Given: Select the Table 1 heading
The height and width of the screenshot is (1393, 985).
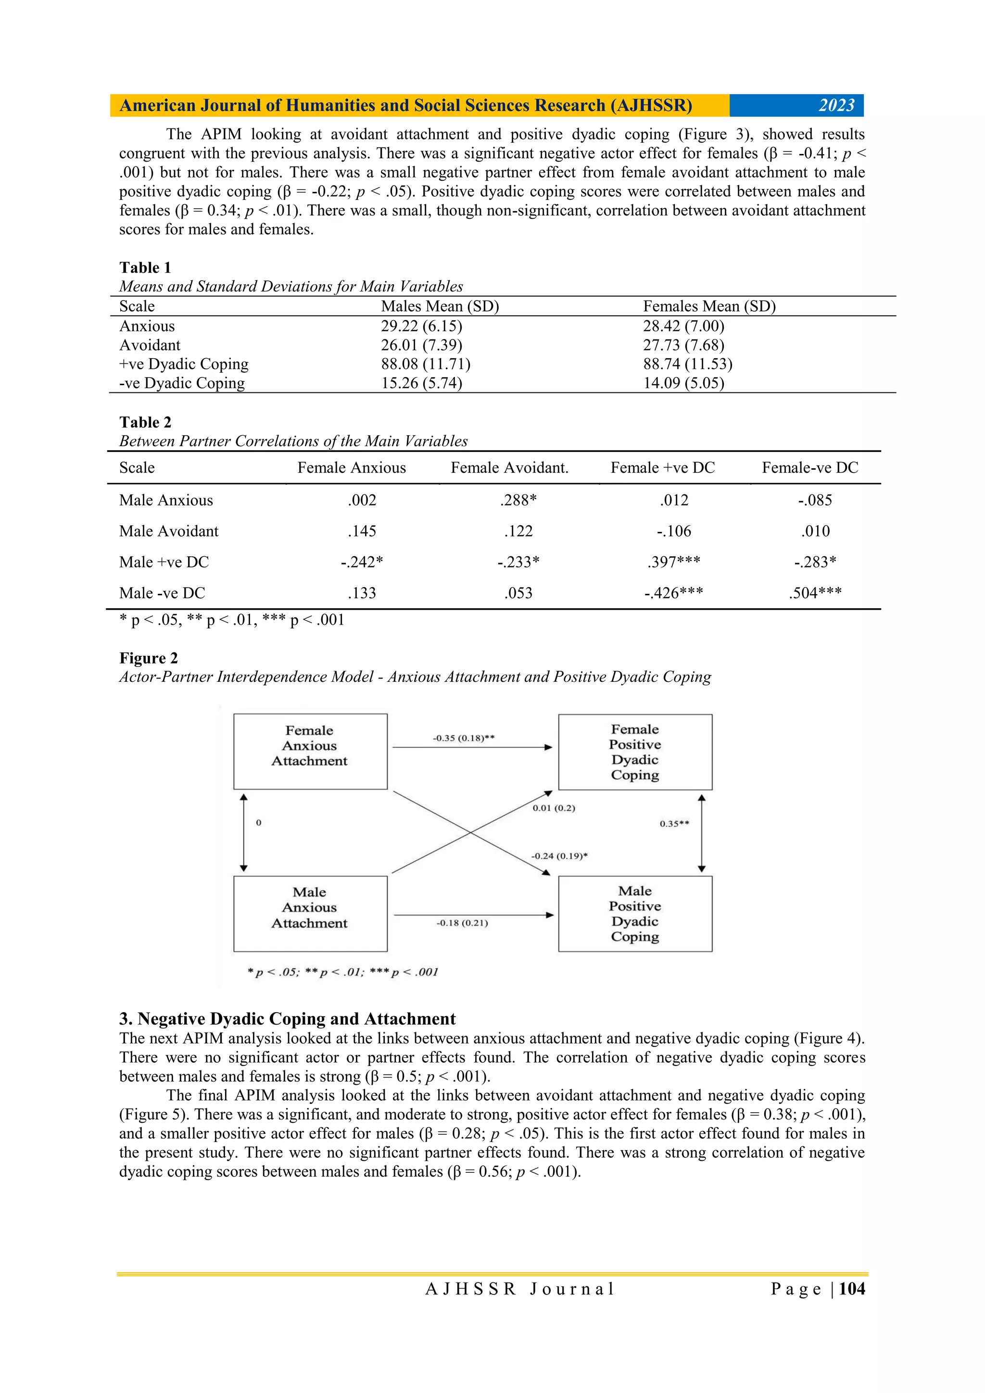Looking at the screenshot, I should pos(145,267).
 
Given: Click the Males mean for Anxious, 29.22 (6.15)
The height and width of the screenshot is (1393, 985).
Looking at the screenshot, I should pos(421,326).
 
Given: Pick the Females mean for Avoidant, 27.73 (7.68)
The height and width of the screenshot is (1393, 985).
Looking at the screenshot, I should pos(683,345).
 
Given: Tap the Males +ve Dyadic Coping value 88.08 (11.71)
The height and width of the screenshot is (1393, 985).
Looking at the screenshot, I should pos(426,364).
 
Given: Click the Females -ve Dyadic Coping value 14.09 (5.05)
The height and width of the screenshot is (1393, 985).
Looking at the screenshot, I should pos(683,383).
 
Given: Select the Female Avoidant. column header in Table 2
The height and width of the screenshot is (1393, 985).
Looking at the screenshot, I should pos(509,467).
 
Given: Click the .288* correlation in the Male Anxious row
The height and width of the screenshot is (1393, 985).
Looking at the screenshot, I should pos(518,500).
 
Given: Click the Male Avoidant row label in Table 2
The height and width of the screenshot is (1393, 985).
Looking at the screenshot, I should pos(169,531).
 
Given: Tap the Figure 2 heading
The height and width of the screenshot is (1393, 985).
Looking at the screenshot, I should pos(149,658).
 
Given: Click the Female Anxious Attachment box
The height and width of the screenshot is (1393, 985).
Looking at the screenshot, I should pos(310,751).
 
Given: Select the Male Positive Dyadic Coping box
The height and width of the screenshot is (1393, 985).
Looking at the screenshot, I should pos(635,913).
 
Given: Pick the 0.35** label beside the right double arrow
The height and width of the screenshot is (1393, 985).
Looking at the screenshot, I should pos(674,823).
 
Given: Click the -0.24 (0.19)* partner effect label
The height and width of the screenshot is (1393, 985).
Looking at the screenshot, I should pos(559,856).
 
